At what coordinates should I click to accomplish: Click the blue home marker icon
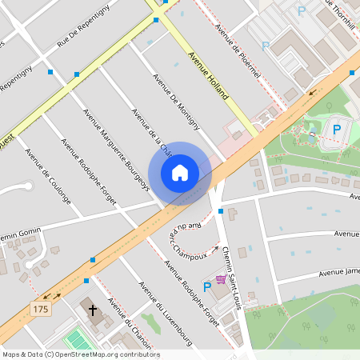[180, 173]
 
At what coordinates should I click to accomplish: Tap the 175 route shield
[40, 307]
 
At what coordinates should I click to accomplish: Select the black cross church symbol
[93, 310]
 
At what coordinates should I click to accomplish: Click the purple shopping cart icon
[220, 279]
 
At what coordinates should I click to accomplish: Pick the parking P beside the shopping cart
[207, 286]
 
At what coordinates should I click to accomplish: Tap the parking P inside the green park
[337, 128]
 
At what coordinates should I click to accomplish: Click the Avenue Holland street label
[207, 74]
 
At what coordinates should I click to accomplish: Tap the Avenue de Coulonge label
[48, 175]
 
